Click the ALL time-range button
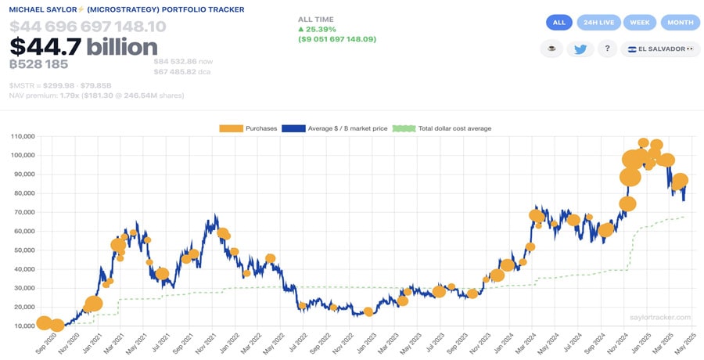coord(559,23)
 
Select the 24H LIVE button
coord(598,23)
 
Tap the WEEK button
coord(639,23)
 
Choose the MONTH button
coord(680,23)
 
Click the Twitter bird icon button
coord(580,49)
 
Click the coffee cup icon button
coord(551,49)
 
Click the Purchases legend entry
coord(249,128)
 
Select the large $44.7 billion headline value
coord(84,47)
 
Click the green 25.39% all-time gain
coord(321,29)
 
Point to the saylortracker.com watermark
coord(660,317)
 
